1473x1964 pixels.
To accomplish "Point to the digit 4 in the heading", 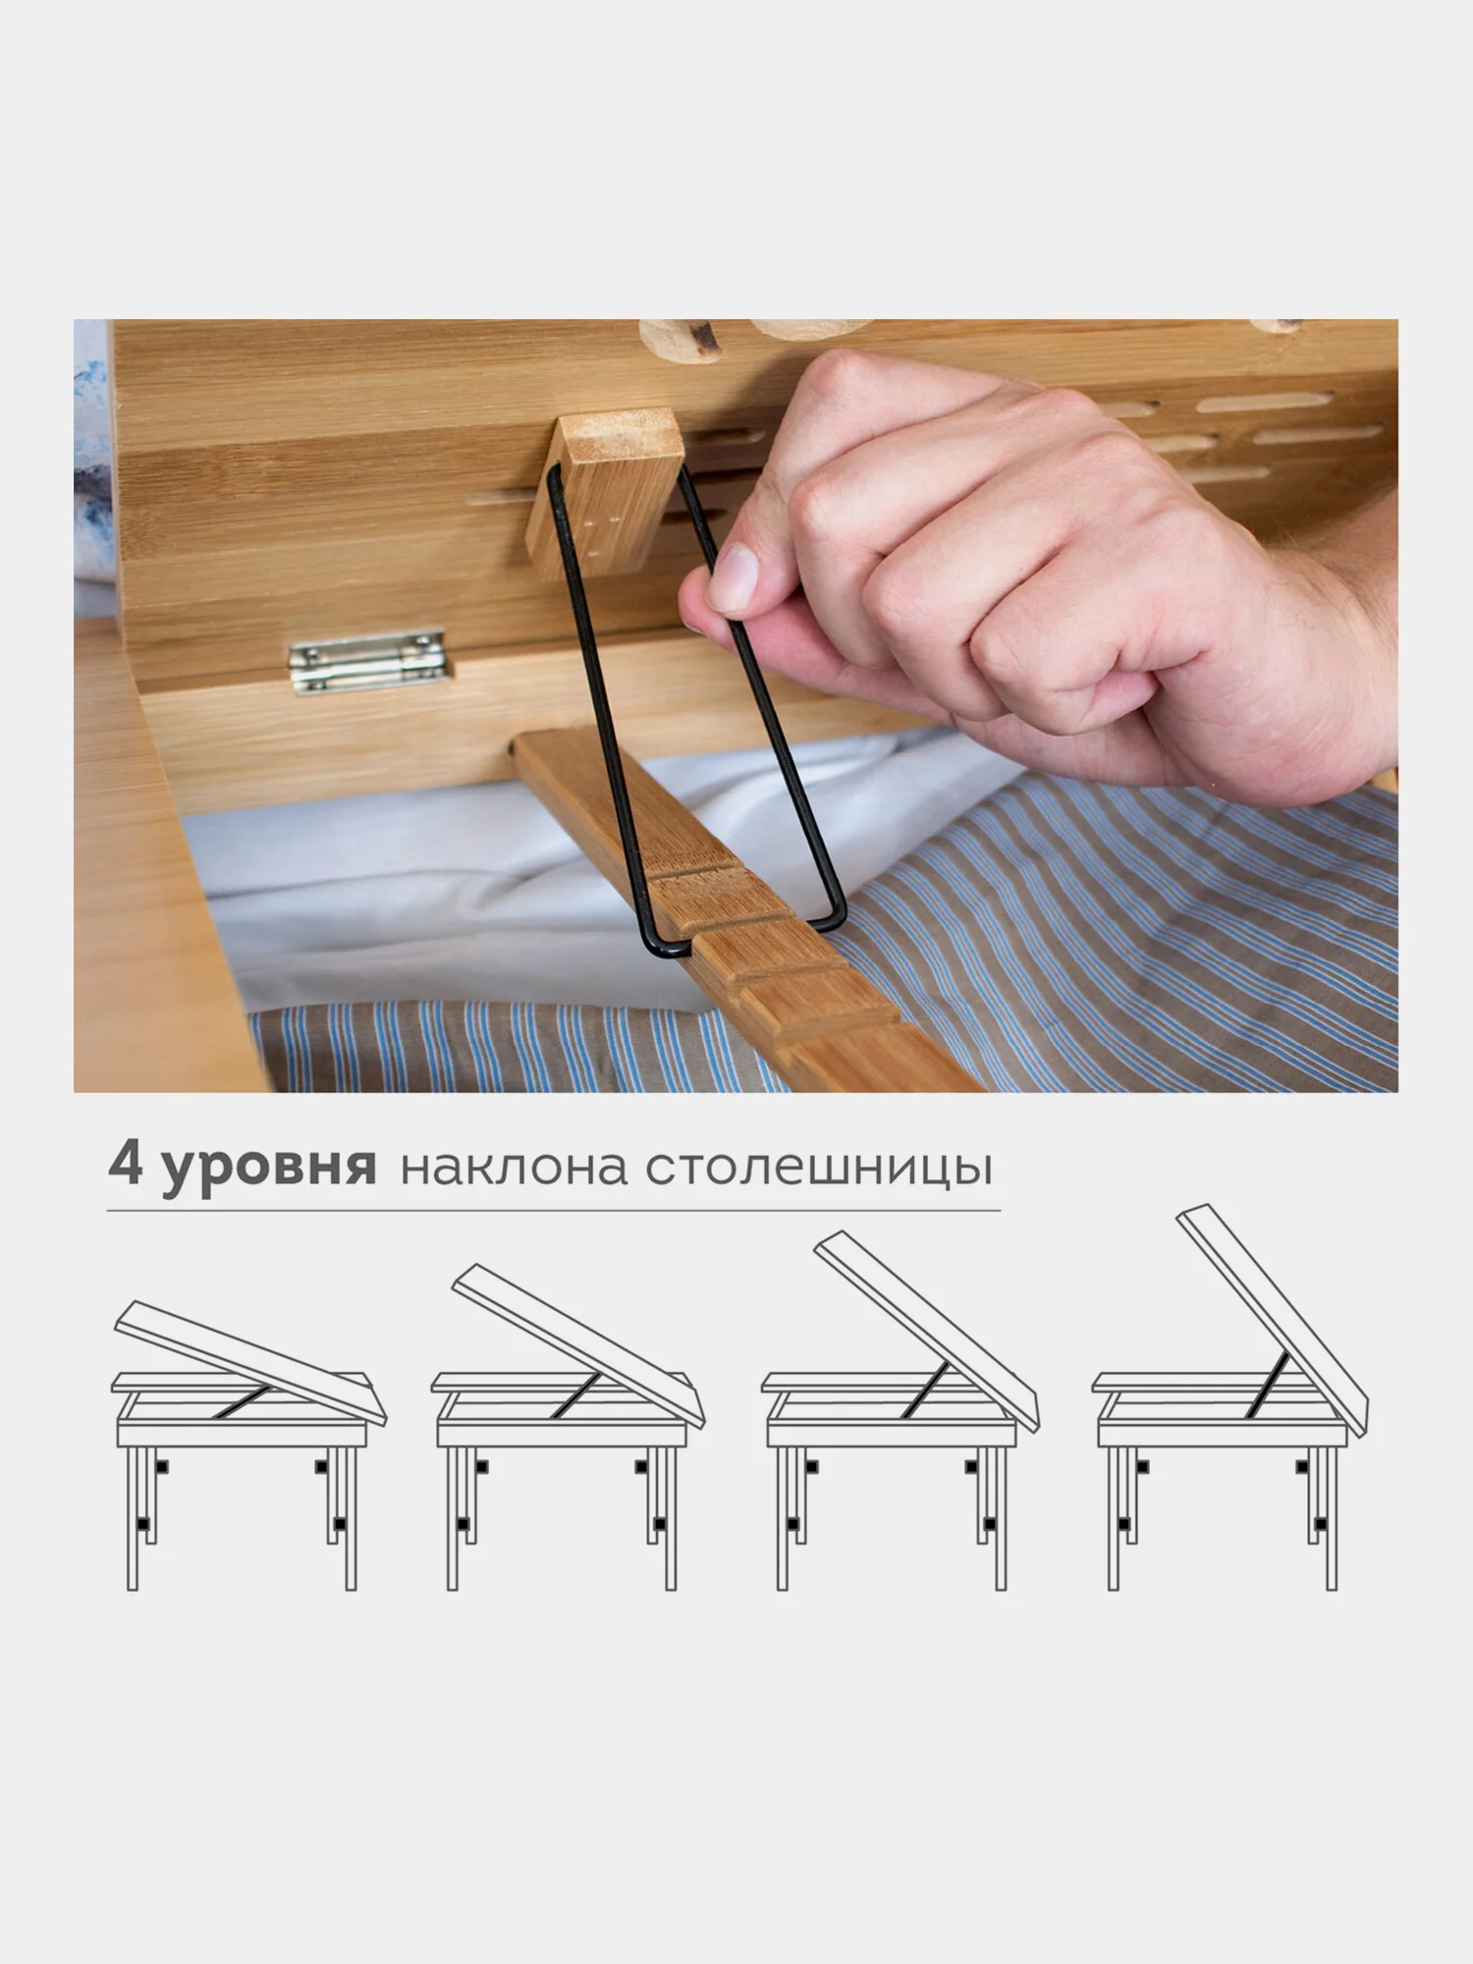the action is click(x=126, y=1163).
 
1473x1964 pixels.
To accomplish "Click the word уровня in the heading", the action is click(x=269, y=1169).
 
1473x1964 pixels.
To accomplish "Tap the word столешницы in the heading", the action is click(x=819, y=1169).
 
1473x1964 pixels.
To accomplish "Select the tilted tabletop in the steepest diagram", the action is click(x=1273, y=1307).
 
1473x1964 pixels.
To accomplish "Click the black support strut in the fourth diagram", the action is click(x=1267, y=1385).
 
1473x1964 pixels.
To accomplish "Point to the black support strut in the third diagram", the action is click(x=926, y=1391).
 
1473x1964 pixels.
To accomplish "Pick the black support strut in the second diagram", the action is click(x=574, y=1395).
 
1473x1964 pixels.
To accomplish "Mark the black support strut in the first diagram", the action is click(x=245, y=1400).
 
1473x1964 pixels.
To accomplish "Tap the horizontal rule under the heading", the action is click(x=554, y=1211).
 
